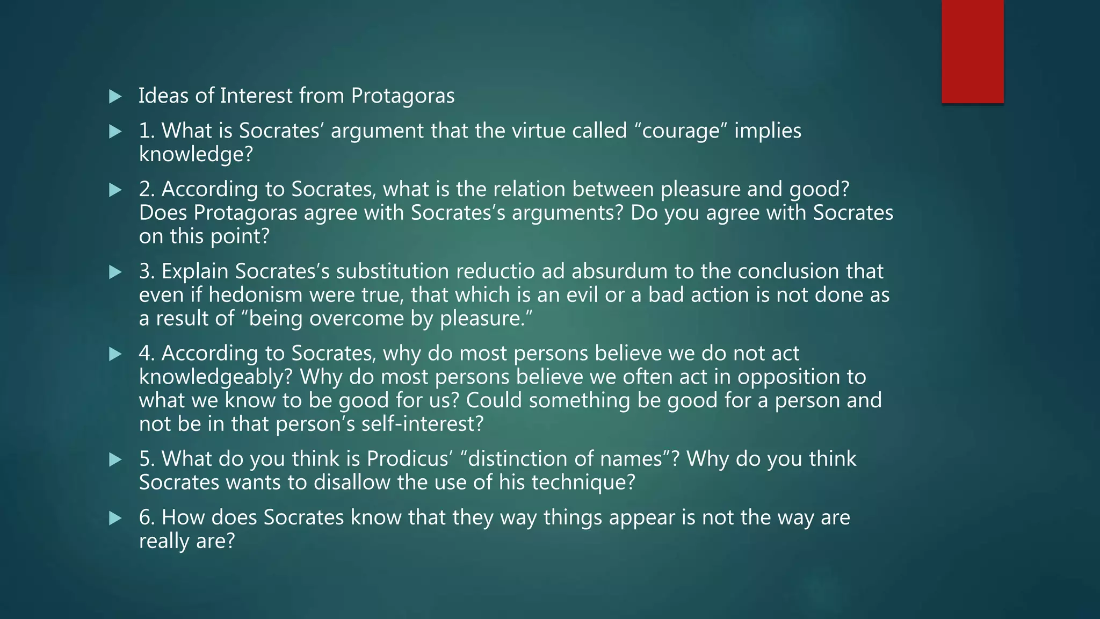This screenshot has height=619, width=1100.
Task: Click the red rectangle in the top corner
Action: (x=972, y=52)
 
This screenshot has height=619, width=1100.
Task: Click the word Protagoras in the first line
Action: (x=403, y=96)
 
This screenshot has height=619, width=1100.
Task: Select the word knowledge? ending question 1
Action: (x=196, y=155)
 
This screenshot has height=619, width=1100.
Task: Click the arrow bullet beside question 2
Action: (x=115, y=190)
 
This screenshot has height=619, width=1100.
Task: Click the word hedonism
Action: (x=255, y=295)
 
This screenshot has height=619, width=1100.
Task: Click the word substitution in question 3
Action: (x=392, y=271)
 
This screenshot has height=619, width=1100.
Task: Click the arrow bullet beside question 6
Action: (x=115, y=518)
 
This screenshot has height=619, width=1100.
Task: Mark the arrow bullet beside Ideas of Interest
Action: (x=115, y=97)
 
